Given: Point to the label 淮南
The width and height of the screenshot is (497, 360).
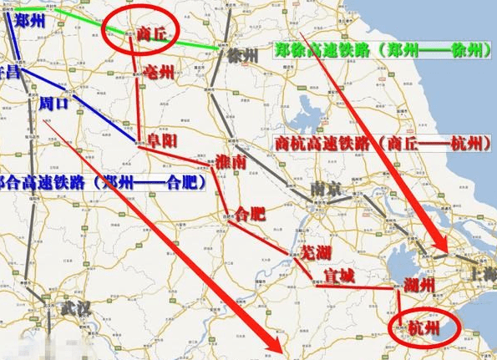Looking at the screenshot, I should (x=231, y=163).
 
